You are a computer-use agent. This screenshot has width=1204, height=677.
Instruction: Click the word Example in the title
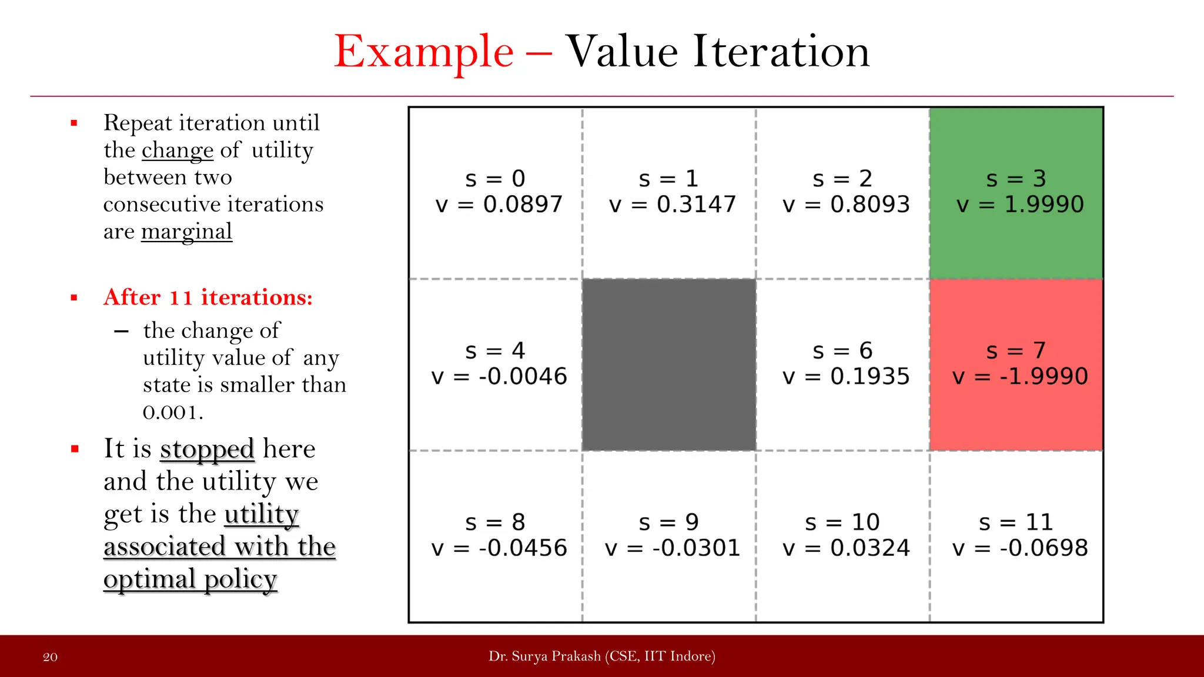(423, 52)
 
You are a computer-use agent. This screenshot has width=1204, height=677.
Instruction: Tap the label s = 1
(668, 179)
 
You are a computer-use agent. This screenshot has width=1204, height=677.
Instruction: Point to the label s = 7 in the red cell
(1016, 351)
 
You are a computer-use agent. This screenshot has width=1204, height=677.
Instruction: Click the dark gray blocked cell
(669, 364)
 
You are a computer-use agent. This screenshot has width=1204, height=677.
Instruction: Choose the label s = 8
(495, 522)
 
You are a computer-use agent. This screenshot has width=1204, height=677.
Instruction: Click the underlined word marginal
(186, 232)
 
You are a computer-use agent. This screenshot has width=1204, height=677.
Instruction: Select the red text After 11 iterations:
(208, 297)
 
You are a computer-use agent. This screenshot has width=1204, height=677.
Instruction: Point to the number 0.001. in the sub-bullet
(173, 413)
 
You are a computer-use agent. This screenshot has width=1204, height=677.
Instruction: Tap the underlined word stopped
(207, 450)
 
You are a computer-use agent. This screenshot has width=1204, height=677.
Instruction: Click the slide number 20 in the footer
(51, 657)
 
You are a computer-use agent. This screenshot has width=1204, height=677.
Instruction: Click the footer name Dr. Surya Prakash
(544, 656)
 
